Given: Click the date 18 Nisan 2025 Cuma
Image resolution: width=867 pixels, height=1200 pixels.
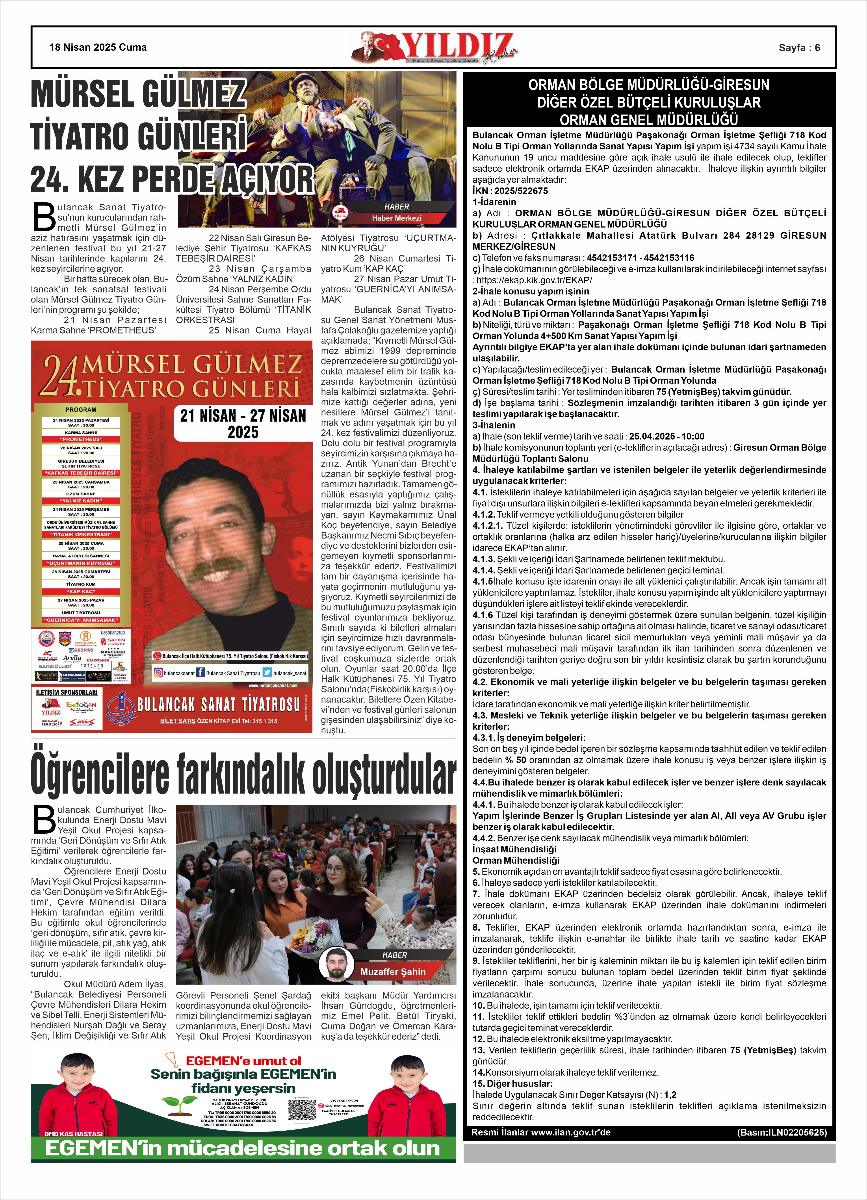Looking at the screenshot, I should (x=98, y=47).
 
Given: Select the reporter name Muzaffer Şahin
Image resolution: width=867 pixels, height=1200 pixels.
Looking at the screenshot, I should (x=393, y=971).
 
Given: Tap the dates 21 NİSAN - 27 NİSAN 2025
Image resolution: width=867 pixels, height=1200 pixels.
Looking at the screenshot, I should (x=243, y=424).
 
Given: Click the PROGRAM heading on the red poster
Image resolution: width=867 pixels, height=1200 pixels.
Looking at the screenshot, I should (x=81, y=410).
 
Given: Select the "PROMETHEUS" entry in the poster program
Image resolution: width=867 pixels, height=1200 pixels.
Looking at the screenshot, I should (x=81, y=439).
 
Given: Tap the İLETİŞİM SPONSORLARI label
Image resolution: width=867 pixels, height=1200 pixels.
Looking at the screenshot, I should (x=67, y=692).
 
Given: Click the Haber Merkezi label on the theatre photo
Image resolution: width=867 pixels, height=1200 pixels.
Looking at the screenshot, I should (x=396, y=218).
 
